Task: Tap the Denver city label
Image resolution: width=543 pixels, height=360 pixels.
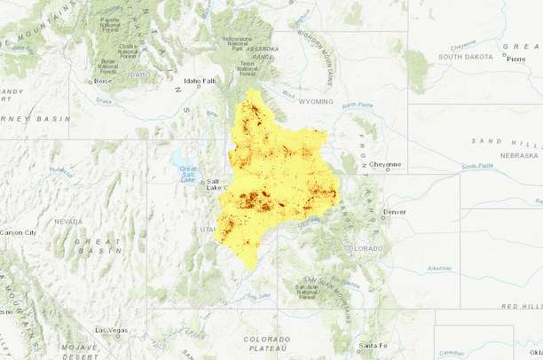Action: pyautogui.click(x=395, y=212)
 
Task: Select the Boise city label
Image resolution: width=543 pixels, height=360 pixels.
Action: pyautogui.click(x=103, y=81)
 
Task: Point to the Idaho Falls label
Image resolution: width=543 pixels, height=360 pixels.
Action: pyautogui.click(x=200, y=81)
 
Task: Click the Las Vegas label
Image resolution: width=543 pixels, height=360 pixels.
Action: pyautogui.click(x=112, y=330)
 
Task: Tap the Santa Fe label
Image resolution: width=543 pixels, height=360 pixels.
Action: pyautogui.click(x=373, y=345)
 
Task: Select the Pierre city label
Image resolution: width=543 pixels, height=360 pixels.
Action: pyautogui.click(x=516, y=59)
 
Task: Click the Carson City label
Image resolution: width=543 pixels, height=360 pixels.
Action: pyautogui.click(x=18, y=232)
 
